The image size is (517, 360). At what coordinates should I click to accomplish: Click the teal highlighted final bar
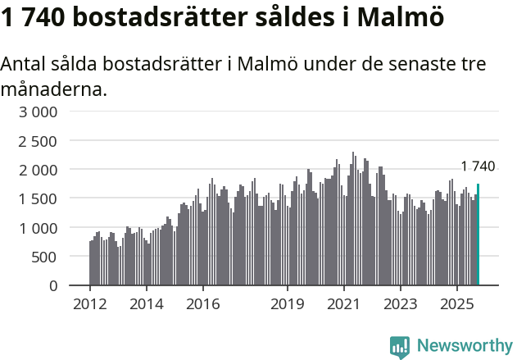pos(478,235)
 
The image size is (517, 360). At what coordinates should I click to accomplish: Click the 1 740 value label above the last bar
pos(478,166)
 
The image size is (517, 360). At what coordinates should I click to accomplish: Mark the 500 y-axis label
pos(45,257)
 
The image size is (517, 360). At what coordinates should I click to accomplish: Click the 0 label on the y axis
pos(53,285)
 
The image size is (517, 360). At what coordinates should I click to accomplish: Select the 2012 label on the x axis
pos(89,304)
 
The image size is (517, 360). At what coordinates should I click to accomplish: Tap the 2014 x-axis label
pos(146,304)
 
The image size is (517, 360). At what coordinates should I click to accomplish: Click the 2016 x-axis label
pos(202,304)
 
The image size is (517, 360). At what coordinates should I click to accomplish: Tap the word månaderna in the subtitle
pos(53,89)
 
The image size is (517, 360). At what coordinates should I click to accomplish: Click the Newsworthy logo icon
pos(400,346)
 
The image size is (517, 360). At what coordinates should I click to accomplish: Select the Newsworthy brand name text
pos(464,346)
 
